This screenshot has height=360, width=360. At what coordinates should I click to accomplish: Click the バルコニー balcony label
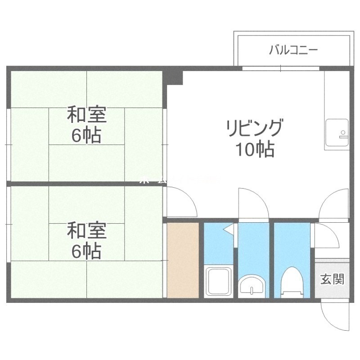pyautogui.click(x=293, y=49)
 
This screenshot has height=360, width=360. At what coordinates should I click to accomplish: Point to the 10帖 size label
pyautogui.click(x=255, y=149)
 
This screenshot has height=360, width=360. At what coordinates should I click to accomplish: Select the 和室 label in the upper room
pyautogui.click(x=86, y=115)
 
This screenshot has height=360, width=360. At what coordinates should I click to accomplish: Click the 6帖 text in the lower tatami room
pyautogui.click(x=86, y=252)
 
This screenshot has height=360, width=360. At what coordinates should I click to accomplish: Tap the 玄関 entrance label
pyautogui.click(x=332, y=279)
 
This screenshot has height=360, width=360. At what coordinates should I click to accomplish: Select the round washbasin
pyautogui.click(x=253, y=285)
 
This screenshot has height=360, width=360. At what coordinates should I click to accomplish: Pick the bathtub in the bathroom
pyautogui.click(x=218, y=281)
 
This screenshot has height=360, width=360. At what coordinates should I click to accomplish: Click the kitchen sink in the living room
pyautogui.click(x=337, y=133)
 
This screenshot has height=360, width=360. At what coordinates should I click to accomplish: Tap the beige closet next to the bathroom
pyautogui.click(x=183, y=260)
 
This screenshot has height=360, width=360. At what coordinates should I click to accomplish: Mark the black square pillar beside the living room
pyautogui.click(x=175, y=76)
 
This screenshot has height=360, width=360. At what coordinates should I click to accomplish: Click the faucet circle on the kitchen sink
pyautogui.click(x=343, y=133)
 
